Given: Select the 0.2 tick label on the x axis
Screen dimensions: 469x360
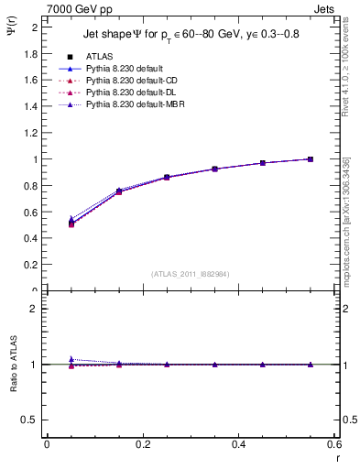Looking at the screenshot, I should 142,444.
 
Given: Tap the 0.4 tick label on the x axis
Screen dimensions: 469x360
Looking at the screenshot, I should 238,444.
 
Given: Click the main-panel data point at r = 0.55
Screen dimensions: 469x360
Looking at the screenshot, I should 311,159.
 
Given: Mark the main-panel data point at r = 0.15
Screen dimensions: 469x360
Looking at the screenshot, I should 119,191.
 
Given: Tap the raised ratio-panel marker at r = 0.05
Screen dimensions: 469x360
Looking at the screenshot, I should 71,359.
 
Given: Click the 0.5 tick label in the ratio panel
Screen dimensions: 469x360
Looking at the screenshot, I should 32,420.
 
